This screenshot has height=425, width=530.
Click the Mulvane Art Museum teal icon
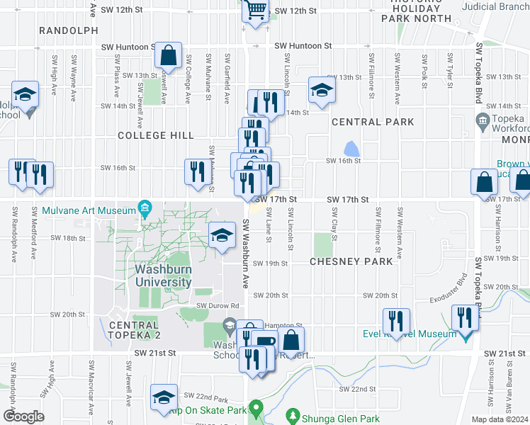(x=146, y=210)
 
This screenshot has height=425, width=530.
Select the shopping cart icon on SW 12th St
(x=255, y=9)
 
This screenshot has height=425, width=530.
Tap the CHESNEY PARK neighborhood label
(x=351, y=261)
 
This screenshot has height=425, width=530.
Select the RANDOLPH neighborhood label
(x=69, y=30)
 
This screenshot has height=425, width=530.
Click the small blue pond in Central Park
(x=351, y=149)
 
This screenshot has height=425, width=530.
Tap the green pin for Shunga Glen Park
(x=291, y=414)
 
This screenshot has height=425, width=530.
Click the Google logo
(x=23, y=416)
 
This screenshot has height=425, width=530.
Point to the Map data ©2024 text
(x=500, y=419)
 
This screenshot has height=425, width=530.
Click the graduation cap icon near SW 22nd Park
(x=165, y=398)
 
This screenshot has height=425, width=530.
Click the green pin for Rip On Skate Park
(x=259, y=409)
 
